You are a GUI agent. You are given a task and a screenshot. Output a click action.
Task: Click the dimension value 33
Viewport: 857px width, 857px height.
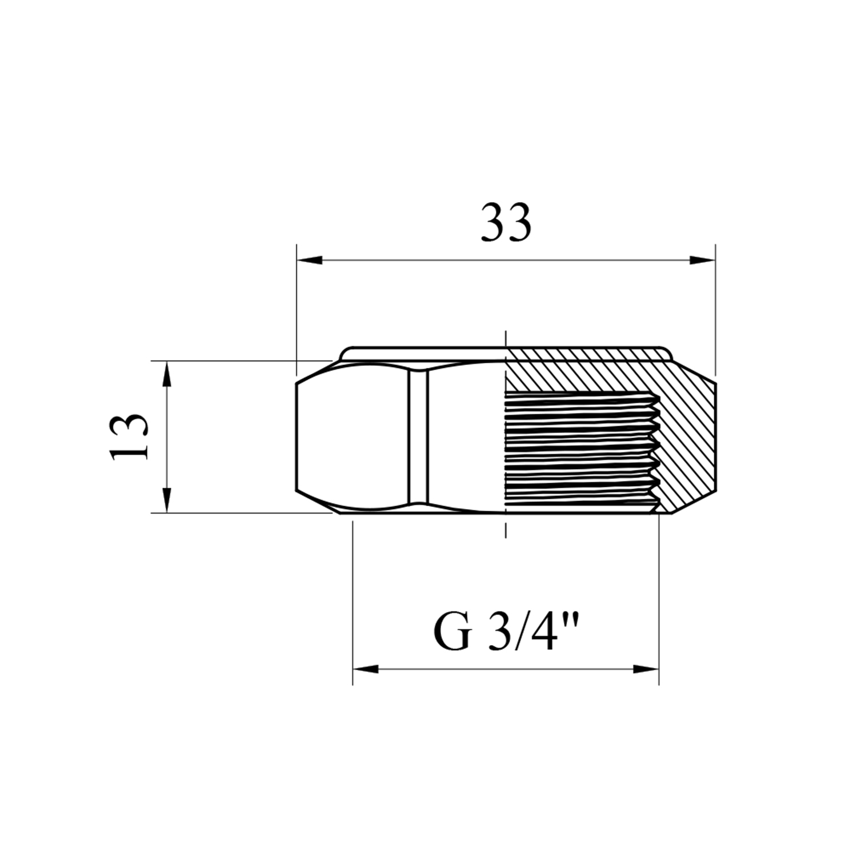point(506,222)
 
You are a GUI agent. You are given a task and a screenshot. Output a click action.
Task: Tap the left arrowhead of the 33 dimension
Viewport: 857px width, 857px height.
point(310,261)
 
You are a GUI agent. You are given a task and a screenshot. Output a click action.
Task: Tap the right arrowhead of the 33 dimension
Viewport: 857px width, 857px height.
point(702,261)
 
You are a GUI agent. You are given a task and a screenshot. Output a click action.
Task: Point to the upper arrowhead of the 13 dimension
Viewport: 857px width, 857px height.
point(166,374)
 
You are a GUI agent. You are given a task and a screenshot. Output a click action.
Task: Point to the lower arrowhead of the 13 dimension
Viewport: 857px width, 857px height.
point(166,500)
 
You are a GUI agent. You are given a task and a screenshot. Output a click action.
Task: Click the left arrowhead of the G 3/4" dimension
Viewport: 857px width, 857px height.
point(366,669)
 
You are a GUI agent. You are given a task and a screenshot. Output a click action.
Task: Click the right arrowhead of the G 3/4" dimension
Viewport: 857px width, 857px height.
point(646,669)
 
